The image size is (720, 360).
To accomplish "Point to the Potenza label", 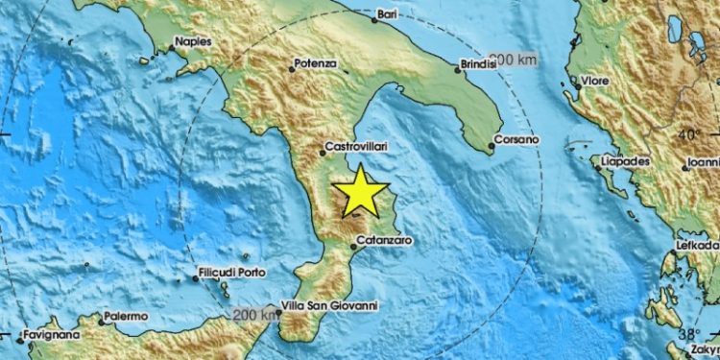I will [x=315, y=64].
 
